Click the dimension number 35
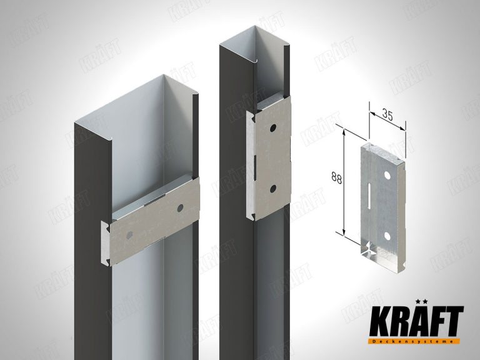[387, 116]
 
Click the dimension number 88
[336, 178]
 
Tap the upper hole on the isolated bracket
[387, 176]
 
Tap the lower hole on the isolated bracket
[387, 236]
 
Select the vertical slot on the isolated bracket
[369, 195]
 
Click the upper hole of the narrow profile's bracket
[272, 129]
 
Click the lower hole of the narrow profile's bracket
[273, 189]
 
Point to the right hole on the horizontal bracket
[180, 208]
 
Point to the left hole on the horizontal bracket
[129, 235]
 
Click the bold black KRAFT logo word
[416, 321]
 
